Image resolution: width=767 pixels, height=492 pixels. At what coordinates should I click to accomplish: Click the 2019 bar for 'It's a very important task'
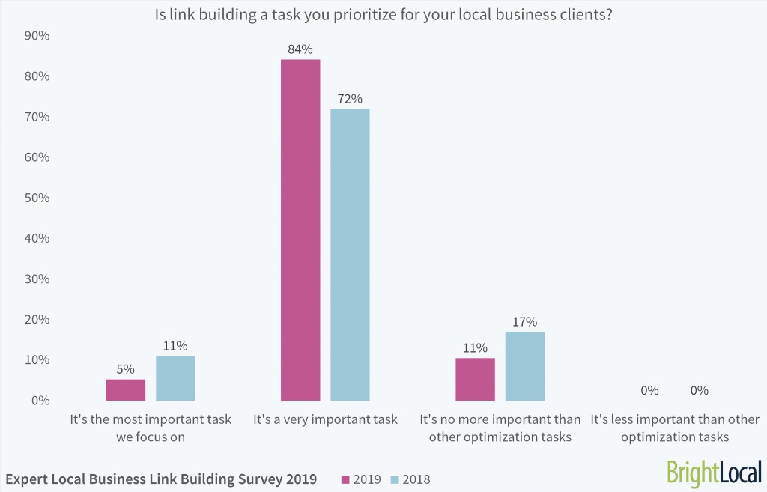[x=300, y=230]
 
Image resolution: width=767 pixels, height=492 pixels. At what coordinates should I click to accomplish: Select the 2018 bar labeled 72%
[x=350, y=255]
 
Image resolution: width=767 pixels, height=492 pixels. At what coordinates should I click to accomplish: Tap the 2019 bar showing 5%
[x=126, y=389]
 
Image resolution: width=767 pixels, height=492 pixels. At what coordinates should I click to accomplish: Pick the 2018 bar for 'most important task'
[x=175, y=378]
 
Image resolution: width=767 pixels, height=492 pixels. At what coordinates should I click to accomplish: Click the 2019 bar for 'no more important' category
[x=475, y=379]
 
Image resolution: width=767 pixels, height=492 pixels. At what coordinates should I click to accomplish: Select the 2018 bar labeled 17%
[x=524, y=366]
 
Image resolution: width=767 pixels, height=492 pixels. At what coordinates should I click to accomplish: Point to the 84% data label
[x=300, y=49]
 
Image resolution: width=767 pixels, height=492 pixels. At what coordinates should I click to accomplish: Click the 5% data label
[x=126, y=369]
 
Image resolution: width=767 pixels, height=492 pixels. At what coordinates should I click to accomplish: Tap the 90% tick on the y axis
[x=37, y=36]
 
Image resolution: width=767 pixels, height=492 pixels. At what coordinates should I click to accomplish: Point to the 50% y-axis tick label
[x=37, y=198]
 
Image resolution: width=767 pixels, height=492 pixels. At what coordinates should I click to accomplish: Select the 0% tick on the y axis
[x=40, y=401]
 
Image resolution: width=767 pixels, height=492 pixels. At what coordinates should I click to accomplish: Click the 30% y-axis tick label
[x=37, y=279]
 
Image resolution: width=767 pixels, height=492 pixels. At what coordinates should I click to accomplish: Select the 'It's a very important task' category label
[x=325, y=419]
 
